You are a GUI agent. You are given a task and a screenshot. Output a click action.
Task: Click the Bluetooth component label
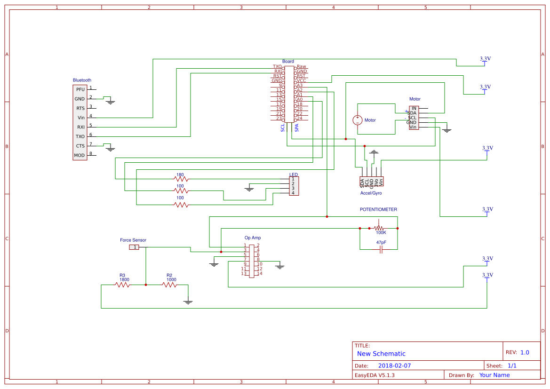(82, 80)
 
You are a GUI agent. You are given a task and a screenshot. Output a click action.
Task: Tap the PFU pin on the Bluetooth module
(80, 89)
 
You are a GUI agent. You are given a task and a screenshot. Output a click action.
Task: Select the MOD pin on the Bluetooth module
(80, 155)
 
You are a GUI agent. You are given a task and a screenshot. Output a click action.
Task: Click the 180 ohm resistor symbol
(180, 179)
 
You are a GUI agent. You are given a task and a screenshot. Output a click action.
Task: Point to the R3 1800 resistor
(122, 285)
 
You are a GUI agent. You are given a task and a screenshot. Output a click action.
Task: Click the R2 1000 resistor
(169, 285)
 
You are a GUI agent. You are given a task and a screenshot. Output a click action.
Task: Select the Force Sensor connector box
(134, 247)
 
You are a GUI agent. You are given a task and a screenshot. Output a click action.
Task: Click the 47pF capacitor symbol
(381, 249)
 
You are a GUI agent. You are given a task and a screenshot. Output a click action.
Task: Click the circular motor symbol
(358, 120)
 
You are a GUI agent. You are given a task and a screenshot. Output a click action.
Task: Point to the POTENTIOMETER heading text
(378, 210)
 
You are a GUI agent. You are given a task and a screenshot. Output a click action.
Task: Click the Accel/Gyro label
(371, 193)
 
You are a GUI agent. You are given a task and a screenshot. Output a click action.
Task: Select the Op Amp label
(253, 238)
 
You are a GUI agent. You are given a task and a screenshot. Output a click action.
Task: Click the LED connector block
(293, 186)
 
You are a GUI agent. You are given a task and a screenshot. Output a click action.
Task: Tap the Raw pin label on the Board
(301, 67)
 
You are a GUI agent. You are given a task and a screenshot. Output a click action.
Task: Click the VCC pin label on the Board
(302, 80)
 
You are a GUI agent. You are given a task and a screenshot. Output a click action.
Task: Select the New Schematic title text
(381, 354)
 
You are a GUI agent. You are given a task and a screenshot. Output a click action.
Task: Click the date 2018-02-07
(394, 365)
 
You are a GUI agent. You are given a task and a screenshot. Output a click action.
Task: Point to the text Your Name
(494, 375)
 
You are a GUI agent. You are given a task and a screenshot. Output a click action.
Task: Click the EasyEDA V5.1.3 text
(375, 375)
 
